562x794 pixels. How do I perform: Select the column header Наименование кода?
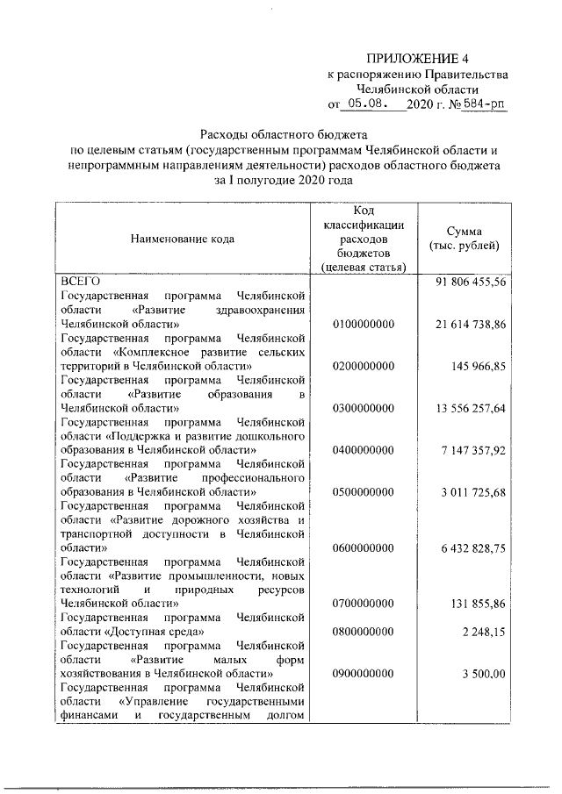pos(184,237)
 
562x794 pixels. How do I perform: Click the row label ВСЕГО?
pos(79,282)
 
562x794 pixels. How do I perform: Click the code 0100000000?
pos(364,324)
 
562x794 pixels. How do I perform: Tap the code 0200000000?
pos(364,366)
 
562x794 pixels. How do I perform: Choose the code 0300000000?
pos(364,408)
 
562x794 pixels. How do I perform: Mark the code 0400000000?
pos(364,449)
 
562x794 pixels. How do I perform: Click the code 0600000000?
pos(364,547)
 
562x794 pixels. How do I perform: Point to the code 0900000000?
pos(364,674)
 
